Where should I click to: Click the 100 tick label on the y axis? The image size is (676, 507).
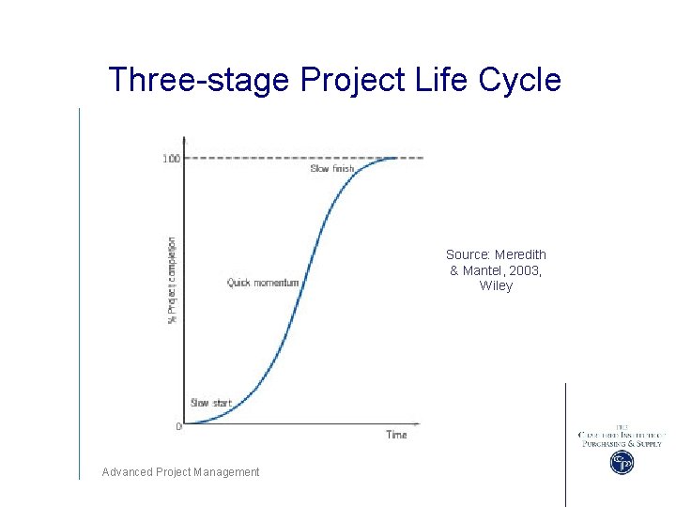pos(171,159)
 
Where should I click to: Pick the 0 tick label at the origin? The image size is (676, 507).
pos(178,426)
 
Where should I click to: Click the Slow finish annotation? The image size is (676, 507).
pos(332,169)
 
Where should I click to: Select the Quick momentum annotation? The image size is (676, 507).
pos(263,283)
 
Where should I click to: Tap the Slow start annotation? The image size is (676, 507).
pos(210,403)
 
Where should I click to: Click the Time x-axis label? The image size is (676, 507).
pos(396,435)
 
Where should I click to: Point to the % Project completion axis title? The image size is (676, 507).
pos(172,280)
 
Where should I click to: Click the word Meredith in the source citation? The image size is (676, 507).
pos(520,254)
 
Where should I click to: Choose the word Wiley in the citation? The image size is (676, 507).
pos(496,286)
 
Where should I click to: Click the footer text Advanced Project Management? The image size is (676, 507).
pos(181,472)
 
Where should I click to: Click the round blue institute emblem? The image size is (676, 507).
pos(622,462)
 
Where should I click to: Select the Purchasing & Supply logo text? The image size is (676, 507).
pos(622,443)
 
